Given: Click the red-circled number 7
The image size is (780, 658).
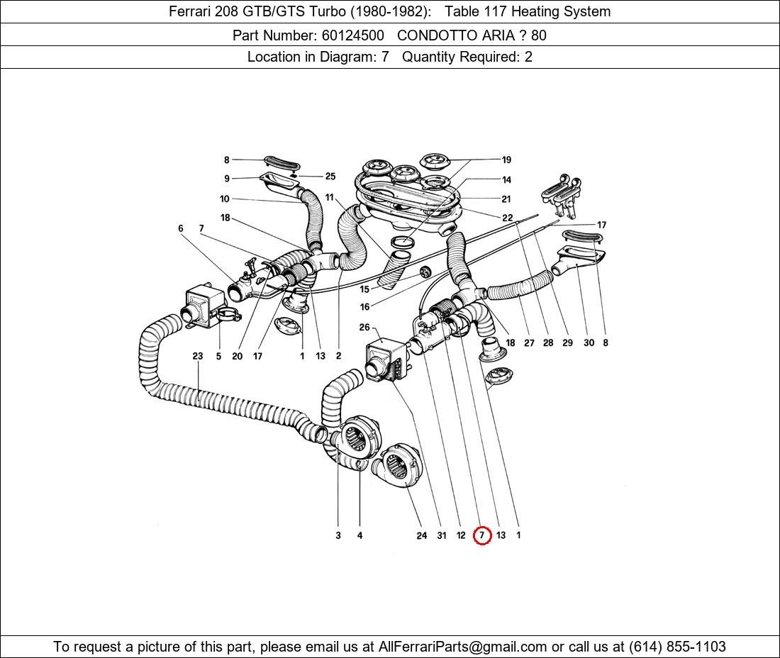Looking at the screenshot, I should coord(482,535).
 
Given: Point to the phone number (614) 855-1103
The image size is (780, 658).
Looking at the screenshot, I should coord(677,646).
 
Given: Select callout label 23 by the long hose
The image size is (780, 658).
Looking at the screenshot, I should coord(198,356).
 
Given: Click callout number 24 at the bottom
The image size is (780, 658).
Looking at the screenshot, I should coord(422,535).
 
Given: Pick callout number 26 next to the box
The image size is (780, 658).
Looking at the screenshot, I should coord(364,328).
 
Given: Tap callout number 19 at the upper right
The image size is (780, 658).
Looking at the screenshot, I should coord(506,160).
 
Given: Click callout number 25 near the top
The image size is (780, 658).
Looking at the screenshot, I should coord(330,177).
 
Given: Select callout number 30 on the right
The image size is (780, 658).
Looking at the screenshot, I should coord(589,342).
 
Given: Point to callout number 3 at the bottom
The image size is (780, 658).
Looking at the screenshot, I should coord(338,535).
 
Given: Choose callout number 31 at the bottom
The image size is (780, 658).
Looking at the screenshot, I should coord(442,535).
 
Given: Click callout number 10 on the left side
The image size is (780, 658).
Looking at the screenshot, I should coord(224,199).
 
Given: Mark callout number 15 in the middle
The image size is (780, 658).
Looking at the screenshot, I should coord(364,289).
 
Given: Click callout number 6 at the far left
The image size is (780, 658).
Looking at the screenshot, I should coord(181,228).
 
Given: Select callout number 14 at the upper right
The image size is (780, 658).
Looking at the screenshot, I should coord(506,180).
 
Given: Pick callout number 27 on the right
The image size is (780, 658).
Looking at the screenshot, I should coord(529,342).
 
